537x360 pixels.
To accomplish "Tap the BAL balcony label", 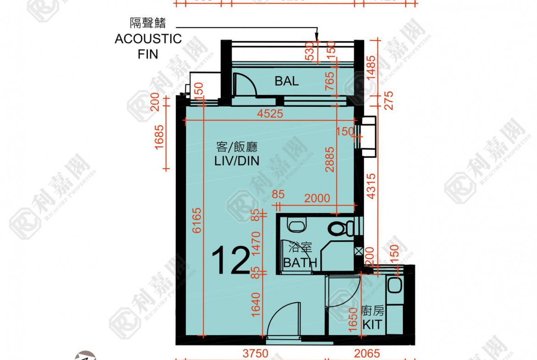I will [286, 81].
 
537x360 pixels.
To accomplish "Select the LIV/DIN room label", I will [236, 154].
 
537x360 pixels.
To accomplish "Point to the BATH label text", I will [300, 263].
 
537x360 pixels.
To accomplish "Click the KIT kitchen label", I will [372, 325].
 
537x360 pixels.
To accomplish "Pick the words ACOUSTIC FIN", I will [148, 46].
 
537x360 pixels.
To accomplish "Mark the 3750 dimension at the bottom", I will [256, 354].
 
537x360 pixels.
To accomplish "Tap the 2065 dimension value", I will [367, 354].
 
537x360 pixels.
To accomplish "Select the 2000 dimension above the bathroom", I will [317, 198].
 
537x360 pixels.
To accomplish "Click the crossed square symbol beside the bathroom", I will [359, 251].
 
